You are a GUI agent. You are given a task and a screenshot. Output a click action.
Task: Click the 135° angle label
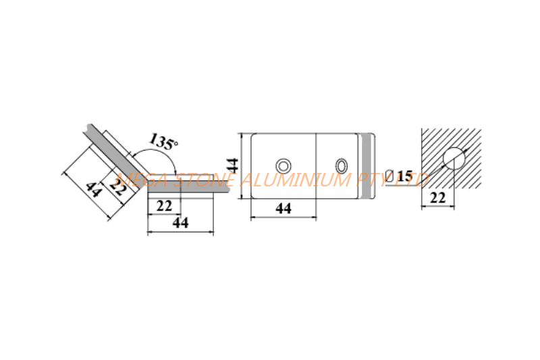pyautogui.click(x=164, y=141)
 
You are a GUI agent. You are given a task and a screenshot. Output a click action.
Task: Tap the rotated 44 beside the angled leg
pyautogui.click(x=93, y=190)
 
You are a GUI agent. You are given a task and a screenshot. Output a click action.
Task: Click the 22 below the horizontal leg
pyautogui.click(x=164, y=206)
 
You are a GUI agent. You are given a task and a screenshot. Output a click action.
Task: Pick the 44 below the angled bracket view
pyautogui.click(x=180, y=222)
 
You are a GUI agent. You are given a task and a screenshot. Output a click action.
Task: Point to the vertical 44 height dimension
pyautogui.click(x=233, y=165)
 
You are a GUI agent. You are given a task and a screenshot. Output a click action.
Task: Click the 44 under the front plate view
pyautogui.click(x=283, y=208)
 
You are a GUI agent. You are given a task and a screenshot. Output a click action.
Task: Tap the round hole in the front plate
pyautogui.click(x=283, y=166)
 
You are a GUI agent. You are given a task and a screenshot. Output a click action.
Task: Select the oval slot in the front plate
pyautogui.click(x=342, y=166)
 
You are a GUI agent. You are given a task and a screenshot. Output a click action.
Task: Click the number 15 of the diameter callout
pyautogui.click(x=404, y=176)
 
